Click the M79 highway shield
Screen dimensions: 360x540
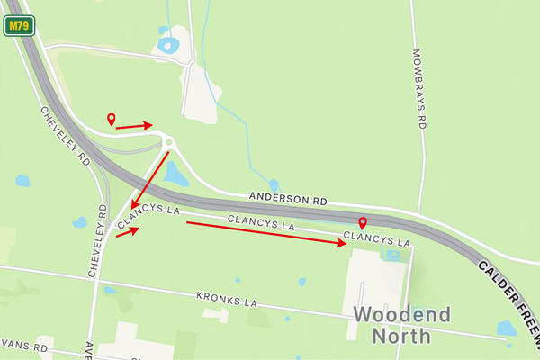[x=18, y=26]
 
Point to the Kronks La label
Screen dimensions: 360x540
[x=227, y=297]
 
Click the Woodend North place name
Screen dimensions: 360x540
[x=401, y=325]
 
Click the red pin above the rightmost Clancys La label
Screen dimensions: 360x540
[x=363, y=223]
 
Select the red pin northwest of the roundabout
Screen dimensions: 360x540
[x=112, y=119]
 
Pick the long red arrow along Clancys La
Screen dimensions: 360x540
[x=266, y=233]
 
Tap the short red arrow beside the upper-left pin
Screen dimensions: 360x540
[x=134, y=126]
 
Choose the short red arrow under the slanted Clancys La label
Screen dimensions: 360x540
[x=127, y=232]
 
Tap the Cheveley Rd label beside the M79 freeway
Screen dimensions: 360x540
[x=65, y=136]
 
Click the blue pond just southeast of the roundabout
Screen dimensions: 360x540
[x=176, y=174]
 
